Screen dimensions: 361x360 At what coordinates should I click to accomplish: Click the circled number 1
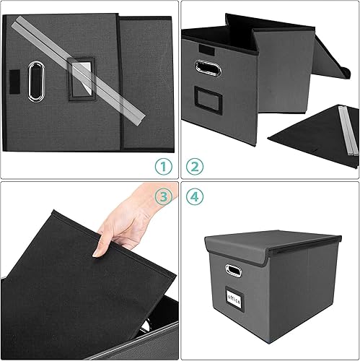click(x=164, y=167)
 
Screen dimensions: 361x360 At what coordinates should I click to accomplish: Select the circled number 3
click(x=164, y=196)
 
